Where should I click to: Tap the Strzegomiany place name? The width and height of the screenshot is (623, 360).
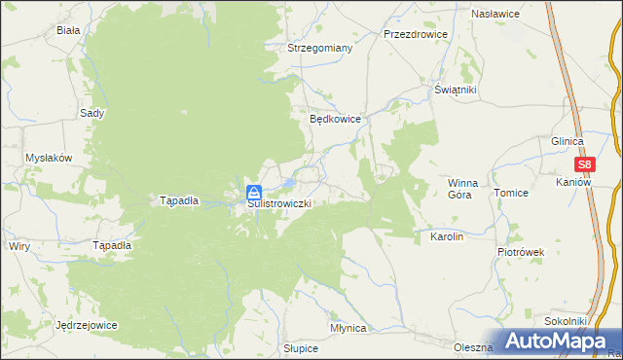coord(319,47)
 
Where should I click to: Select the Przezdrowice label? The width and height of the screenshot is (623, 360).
coord(415,33)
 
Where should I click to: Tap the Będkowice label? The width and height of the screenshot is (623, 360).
coord(336,119)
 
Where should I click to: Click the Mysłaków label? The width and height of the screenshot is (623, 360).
coord(50,158)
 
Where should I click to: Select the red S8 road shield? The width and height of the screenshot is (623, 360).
coord(585,165)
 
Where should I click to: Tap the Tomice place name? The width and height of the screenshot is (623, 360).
coord(510,193)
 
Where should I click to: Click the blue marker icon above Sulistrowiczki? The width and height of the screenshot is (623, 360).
coord(253,192)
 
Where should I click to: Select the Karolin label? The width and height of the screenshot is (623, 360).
coord(439,236)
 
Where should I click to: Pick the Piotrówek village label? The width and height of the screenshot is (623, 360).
coord(521,252)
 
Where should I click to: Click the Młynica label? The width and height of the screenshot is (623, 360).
coord(348,329)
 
